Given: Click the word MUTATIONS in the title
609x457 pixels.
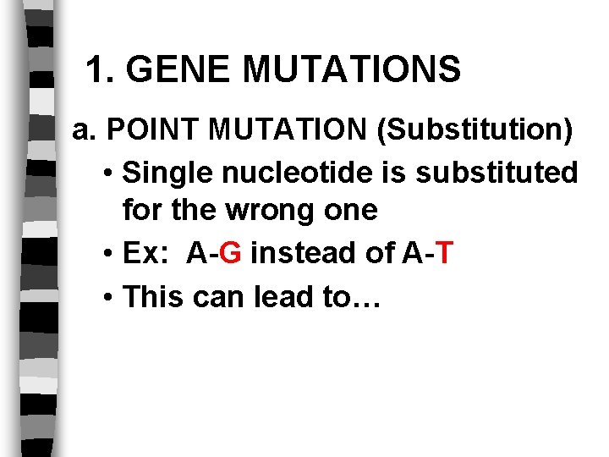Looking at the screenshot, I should [x=351, y=69].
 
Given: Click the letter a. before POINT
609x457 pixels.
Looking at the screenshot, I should [x=86, y=131].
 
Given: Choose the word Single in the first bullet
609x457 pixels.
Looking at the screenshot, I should [x=167, y=173].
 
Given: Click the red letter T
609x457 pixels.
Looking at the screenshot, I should [x=446, y=251].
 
